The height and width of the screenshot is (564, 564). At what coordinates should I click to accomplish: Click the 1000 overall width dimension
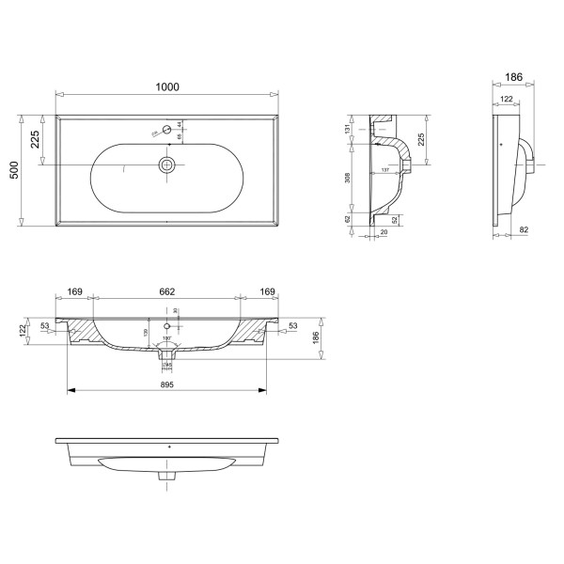click(x=166, y=86)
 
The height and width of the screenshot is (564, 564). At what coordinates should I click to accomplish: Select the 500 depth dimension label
click(x=14, y=171)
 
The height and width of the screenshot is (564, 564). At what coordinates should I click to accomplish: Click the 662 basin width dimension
click(x=167, y=292)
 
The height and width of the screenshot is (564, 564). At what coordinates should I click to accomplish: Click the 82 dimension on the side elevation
click(x=524, y=229)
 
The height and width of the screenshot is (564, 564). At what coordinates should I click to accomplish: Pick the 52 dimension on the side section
click(x=394, y=220)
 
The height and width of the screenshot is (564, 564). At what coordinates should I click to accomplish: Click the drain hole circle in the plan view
click(x=166, y=164)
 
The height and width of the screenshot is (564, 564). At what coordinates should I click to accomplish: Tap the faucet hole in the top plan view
click(x=166, y=128)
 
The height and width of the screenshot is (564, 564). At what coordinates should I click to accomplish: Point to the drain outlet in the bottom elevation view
click(x=167, y=476)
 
